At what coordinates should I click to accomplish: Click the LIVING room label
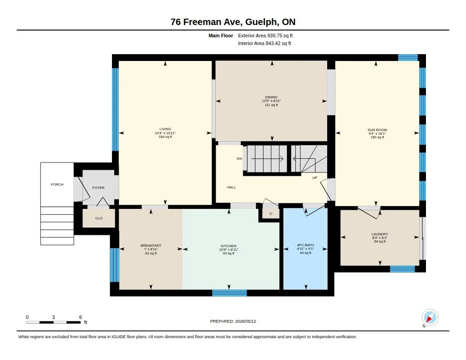click(x=165, y=129)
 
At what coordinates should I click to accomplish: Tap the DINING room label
click(x=271, y=97)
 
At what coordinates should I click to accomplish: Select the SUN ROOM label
click(x=377, y=130)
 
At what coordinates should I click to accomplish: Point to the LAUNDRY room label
click(x=380, y=234)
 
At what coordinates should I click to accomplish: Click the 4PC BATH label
click(x=305, y=245)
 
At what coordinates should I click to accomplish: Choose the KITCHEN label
click(x=228, y=246)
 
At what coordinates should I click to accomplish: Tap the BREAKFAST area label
click(x=151, y=246)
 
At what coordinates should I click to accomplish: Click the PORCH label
click(x=57, y=185)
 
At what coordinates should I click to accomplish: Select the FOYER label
click(x=98, y=188)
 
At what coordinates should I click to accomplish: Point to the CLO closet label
click(x=99, y=218)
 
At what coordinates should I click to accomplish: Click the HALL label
click(x=232, y=188)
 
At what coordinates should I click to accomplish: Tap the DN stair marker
click(x=239, y=159)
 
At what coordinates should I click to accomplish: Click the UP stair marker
click(x=315, y=178)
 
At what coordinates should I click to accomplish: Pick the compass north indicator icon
click(x=430, y=318)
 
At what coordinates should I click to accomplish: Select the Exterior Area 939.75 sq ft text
click(x=265, y=35)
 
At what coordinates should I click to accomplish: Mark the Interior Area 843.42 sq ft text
click(x=264, y=43)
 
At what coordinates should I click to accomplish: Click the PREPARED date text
click(x=233, y=321)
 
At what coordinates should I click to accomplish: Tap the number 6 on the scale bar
click(x=81, y=317)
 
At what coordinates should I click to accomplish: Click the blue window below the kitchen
click(x=229, y=293)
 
